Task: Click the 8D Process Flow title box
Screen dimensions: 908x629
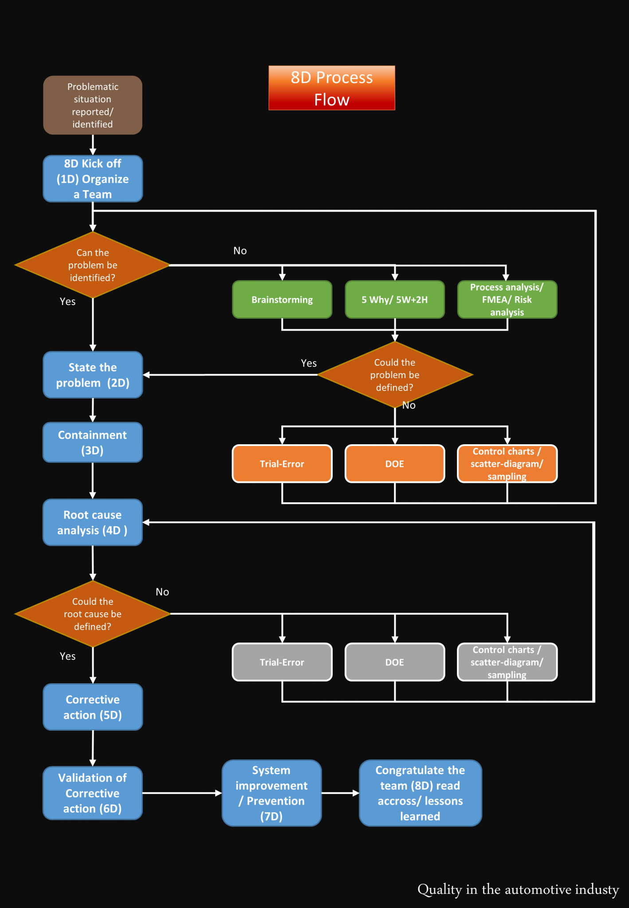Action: [x=331, y=88]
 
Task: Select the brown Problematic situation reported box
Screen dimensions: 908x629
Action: [x=93, y=105]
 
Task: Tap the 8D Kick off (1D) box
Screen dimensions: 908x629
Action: [x=93, y=179]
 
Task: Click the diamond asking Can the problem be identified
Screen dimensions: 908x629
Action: [x=93, y=265]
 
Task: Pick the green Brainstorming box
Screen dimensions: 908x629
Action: [x=282, y=300]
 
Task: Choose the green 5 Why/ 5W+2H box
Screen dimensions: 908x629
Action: [x=395, y=300]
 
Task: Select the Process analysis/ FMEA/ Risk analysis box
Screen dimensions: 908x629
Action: [x=507, y=300]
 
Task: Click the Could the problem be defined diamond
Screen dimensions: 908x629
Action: [x=395, y=375]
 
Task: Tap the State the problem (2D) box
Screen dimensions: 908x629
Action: [x=93, y=375]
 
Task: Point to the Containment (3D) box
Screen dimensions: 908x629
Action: [x=93, y=442]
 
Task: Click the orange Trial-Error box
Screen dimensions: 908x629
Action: [x=282, y=464]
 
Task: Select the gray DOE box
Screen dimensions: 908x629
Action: [x=395, y=662]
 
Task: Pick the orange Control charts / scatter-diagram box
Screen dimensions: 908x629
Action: [x=507, y=464]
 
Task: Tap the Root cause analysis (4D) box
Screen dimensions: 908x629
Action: [x=93, y=522]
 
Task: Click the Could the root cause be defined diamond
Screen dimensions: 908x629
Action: [x=93, y=614]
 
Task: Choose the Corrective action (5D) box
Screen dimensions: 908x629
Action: [x=93, y=707]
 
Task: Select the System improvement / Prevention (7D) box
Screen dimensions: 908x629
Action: [x=271, y=793]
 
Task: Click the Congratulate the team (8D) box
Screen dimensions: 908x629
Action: [x=420, y=793]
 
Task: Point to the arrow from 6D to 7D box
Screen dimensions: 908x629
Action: [x=182, y=793]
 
